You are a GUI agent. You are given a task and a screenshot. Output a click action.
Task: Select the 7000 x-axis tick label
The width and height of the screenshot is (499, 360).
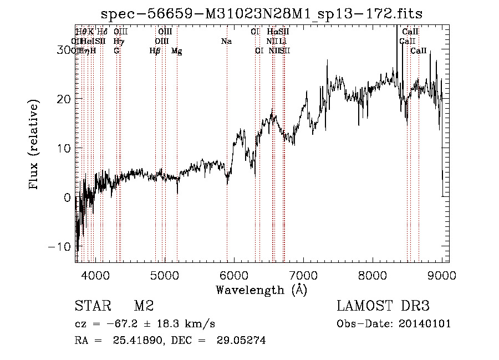(x=303, y=275)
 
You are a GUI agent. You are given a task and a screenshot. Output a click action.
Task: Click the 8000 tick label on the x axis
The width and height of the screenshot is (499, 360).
(x=373, y=275)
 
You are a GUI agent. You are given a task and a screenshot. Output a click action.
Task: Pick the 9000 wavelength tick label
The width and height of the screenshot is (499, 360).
(x=442, y=275)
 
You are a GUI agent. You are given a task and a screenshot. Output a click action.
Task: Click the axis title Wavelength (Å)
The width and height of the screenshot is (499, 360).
(x=261, y=290)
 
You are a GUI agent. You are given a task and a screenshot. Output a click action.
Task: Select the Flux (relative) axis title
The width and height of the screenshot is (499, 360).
(x=34, y=145)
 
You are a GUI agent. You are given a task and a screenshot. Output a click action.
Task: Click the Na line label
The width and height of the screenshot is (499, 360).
(x=226, y=41)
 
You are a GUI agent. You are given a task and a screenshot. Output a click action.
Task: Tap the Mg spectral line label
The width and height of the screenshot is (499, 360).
(x=176, y=51)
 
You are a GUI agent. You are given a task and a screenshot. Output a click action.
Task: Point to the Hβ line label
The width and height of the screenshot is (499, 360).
(x=155, y=51)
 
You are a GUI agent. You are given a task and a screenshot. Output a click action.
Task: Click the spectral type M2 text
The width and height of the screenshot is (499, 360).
(x=144, y=306)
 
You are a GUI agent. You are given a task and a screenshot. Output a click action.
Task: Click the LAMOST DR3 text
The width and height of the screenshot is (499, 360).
(x=383, y=306)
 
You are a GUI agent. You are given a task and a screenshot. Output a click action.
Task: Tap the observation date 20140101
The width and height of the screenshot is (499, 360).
(x=426, y=324)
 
